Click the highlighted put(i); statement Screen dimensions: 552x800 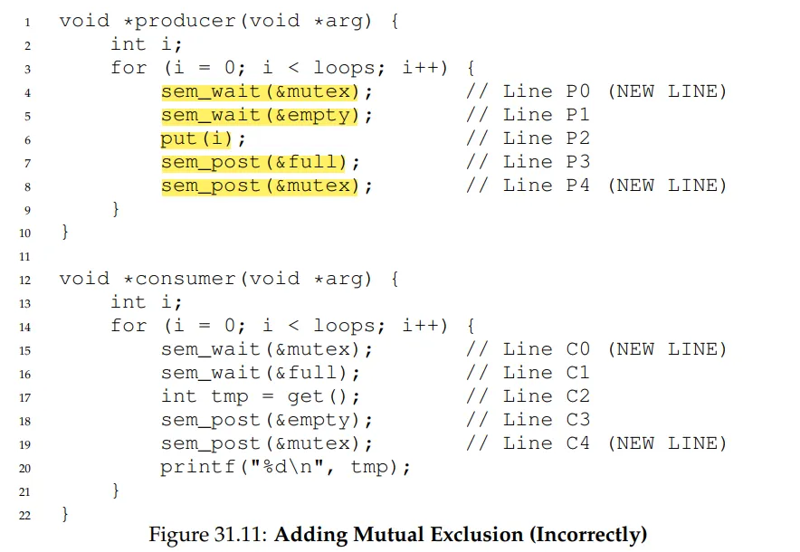coord(204,138)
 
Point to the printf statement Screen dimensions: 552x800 coord(286,467)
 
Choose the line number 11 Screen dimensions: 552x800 coord(26,256)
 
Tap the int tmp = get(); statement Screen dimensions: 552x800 coord(261,396)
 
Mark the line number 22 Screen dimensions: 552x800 coord(26,514)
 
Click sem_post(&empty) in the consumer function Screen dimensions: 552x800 coord(267,420)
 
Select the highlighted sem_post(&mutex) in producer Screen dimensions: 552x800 coord(267,186)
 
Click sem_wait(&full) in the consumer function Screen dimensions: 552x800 coord(261,373)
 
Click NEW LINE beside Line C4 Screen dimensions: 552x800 coord(666,443)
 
